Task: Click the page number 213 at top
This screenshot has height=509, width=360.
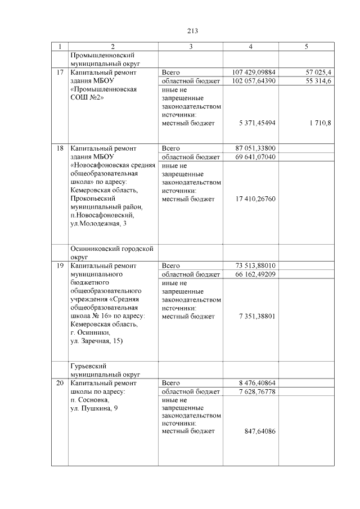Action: [191, 31]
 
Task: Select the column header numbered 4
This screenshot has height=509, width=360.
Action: [250, 47]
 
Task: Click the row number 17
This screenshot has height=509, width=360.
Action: [60, 73]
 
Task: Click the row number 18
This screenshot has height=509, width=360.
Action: [60, 148]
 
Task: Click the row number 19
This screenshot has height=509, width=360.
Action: [60, 265]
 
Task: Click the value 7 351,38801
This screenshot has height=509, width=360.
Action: [257, 316]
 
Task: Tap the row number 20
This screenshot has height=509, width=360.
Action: [60, 383]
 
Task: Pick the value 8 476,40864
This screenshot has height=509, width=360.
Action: [257, 383]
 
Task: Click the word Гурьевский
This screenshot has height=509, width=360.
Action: [88, 366]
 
